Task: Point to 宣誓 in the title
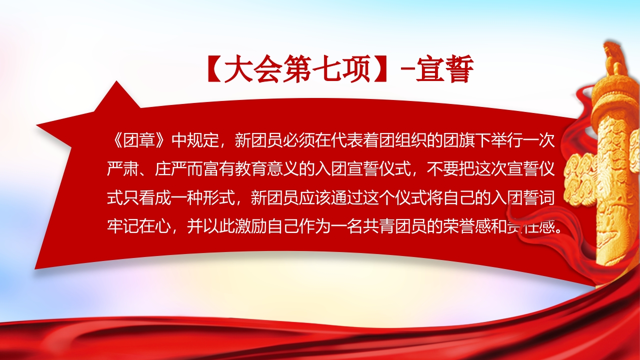point(448,70)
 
